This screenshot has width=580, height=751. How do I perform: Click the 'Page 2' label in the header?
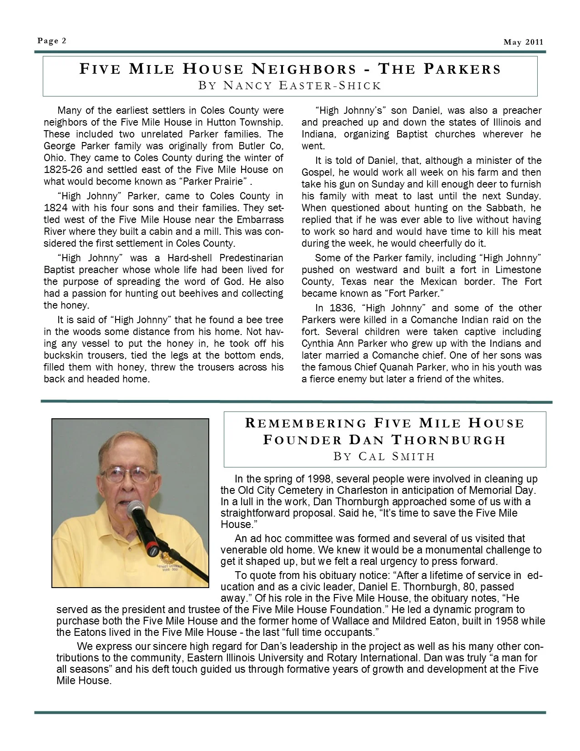[x=52, y=41]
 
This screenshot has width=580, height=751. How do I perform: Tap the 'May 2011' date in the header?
[x=523, y=42]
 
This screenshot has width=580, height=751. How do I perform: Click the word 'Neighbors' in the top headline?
[x=304, y=69]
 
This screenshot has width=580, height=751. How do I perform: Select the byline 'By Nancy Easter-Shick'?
[x=290, y=86]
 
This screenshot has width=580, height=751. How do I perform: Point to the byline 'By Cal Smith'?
[x=384, y=456]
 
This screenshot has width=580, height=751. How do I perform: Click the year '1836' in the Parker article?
[x=340, y=308]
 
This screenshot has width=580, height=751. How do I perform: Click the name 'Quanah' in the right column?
[x=389, y=367]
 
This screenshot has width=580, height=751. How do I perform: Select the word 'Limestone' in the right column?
[x=519, y=270]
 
